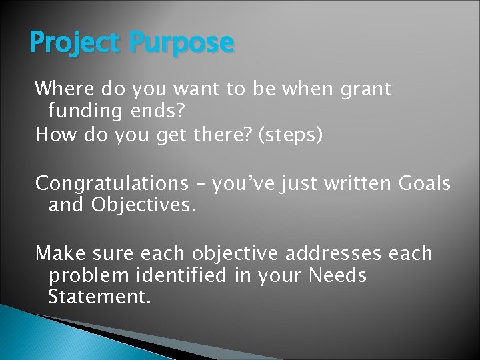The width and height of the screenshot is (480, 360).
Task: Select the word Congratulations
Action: pyautogui.click(x=112, y=183)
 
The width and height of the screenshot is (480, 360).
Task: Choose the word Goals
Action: pyautogui.click(x=424, y=183)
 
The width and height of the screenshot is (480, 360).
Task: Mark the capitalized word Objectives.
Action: pyautogui.click(x=143, y=204)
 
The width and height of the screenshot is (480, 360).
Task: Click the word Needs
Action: pyautogui.click(x=337, y=275)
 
